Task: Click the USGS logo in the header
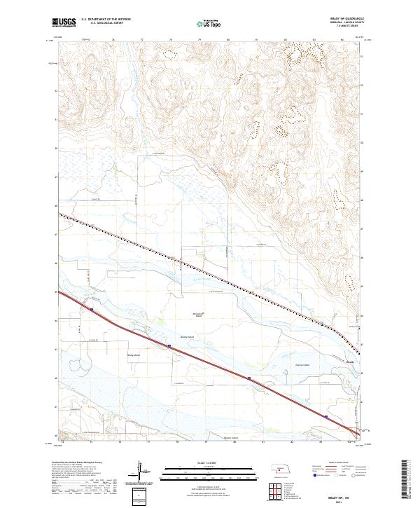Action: [x=64, y=22]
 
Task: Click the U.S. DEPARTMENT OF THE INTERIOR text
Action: [x=106, y=19]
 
